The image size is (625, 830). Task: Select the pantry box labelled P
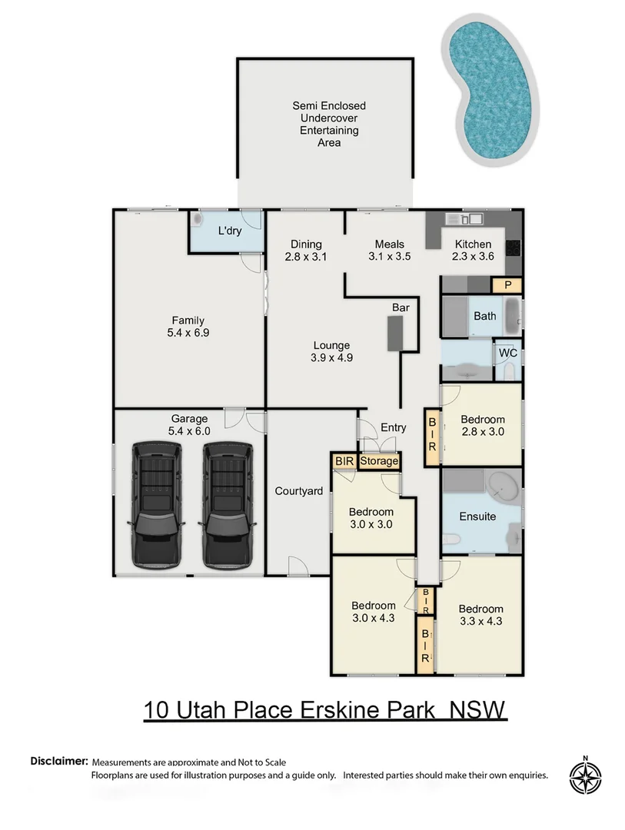(x=507, y=285)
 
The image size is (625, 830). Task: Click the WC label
(x=507, y=353)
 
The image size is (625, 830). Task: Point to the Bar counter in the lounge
(x=396, y=333)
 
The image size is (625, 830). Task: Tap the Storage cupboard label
(x=379, y=461)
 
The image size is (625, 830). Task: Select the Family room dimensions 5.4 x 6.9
(x=188, y=334)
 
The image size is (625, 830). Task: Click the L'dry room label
(x=230, y=231)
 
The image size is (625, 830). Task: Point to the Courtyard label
(x=299, y=491)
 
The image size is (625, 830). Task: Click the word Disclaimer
(x=59, y=761)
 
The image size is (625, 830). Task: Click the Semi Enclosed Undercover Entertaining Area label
(x=329, y=124)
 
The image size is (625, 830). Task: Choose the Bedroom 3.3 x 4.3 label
(x=481, y=615)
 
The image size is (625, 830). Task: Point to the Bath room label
(x=484, y=316)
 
